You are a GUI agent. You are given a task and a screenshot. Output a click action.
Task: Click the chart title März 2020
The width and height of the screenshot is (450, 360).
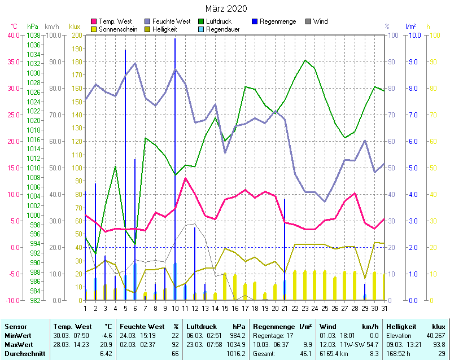pos(225,8)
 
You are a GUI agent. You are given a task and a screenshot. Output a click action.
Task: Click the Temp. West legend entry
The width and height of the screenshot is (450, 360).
pos(115,21)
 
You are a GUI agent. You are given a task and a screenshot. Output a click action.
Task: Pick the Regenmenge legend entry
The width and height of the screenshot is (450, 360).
pos(278,21)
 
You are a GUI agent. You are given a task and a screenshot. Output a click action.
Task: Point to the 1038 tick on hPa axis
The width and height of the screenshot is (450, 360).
pos(33,35)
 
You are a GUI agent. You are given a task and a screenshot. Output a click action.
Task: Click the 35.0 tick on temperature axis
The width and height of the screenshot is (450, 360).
pos(14,62)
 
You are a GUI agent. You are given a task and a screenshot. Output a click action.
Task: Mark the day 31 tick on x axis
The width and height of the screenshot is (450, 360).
pos(384,308)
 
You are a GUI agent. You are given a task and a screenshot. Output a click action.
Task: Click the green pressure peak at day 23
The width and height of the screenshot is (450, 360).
pos(305,60)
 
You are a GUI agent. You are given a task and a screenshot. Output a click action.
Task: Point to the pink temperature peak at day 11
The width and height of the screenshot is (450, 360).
pos(185,178)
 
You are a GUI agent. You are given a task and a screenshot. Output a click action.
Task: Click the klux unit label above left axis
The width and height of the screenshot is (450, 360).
pos(74,27)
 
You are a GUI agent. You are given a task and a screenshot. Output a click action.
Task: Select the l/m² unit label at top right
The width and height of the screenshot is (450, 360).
pos(410,27)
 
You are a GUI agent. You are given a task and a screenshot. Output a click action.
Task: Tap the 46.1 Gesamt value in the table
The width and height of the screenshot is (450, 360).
pos(306,353)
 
